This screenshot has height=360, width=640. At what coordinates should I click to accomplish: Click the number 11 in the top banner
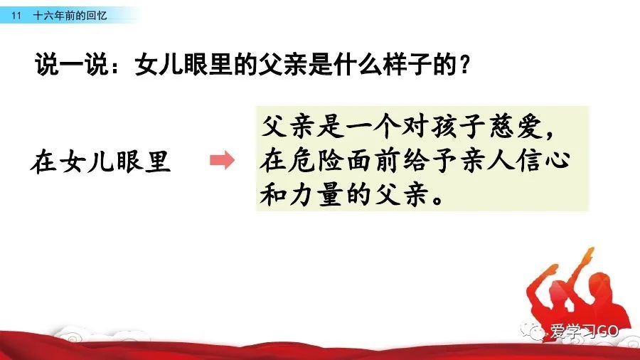(x=16, y=16)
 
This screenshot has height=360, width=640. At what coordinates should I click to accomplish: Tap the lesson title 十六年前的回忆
(x=70, y=16)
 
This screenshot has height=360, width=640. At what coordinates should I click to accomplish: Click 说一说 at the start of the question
(x=72, y=64)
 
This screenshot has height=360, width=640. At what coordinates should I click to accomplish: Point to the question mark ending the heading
(x=464, y=65)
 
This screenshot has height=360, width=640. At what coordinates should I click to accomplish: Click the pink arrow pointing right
(x=223, y=160)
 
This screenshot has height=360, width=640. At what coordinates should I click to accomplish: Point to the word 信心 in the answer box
(x=543, y=160)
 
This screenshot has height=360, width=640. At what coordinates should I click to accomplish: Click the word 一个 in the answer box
(x=372, y=126)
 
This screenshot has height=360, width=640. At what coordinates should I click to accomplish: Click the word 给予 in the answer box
(x=430, y=160)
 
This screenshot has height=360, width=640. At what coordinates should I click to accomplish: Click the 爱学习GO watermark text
(x=585, y=331)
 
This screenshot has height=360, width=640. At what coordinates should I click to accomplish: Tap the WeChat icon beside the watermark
(x=533, y=331)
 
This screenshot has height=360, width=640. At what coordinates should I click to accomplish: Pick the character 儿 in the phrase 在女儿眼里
(x=101, y=161)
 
